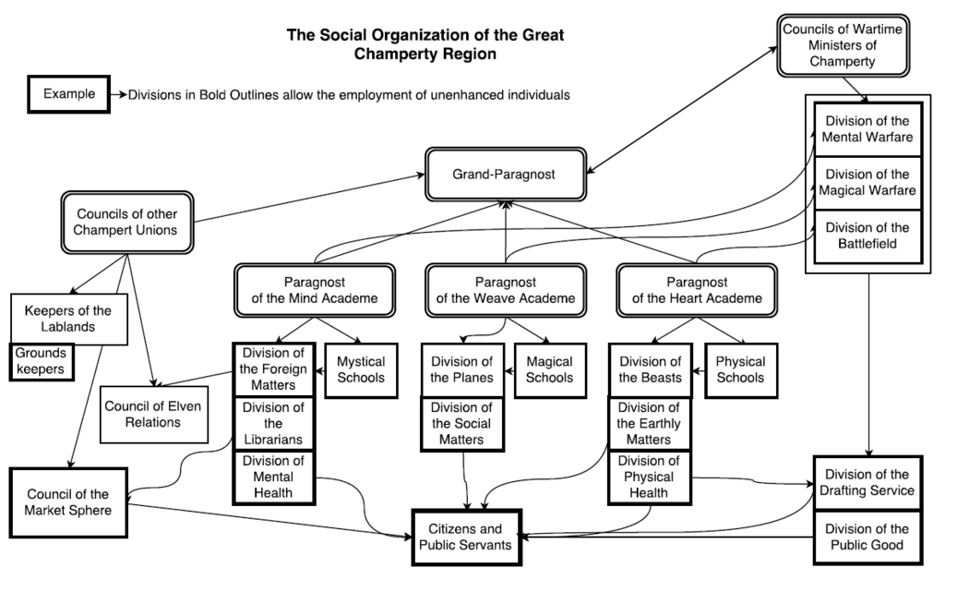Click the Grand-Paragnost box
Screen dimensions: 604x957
pos(505,174)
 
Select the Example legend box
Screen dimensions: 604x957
pos(68,94)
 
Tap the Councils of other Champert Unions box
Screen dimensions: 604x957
pos(126,222)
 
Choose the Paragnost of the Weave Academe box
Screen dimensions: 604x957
pos(505,290)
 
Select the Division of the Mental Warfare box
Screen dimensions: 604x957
pos(867,129)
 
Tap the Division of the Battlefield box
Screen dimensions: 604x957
pos(867,236)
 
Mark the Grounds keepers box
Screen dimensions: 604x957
pos(42,361)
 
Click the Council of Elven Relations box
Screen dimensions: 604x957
pos(152,414)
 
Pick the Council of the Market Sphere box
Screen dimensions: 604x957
pos(67,502)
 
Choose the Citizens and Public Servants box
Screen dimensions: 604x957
pos(466,538)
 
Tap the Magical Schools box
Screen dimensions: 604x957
pos(549,369)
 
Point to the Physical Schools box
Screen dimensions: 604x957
pos(739,369)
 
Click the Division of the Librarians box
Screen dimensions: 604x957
pos(272,423)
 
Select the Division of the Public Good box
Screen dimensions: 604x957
pos(867,538)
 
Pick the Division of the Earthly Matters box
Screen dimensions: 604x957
pos(648,423)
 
